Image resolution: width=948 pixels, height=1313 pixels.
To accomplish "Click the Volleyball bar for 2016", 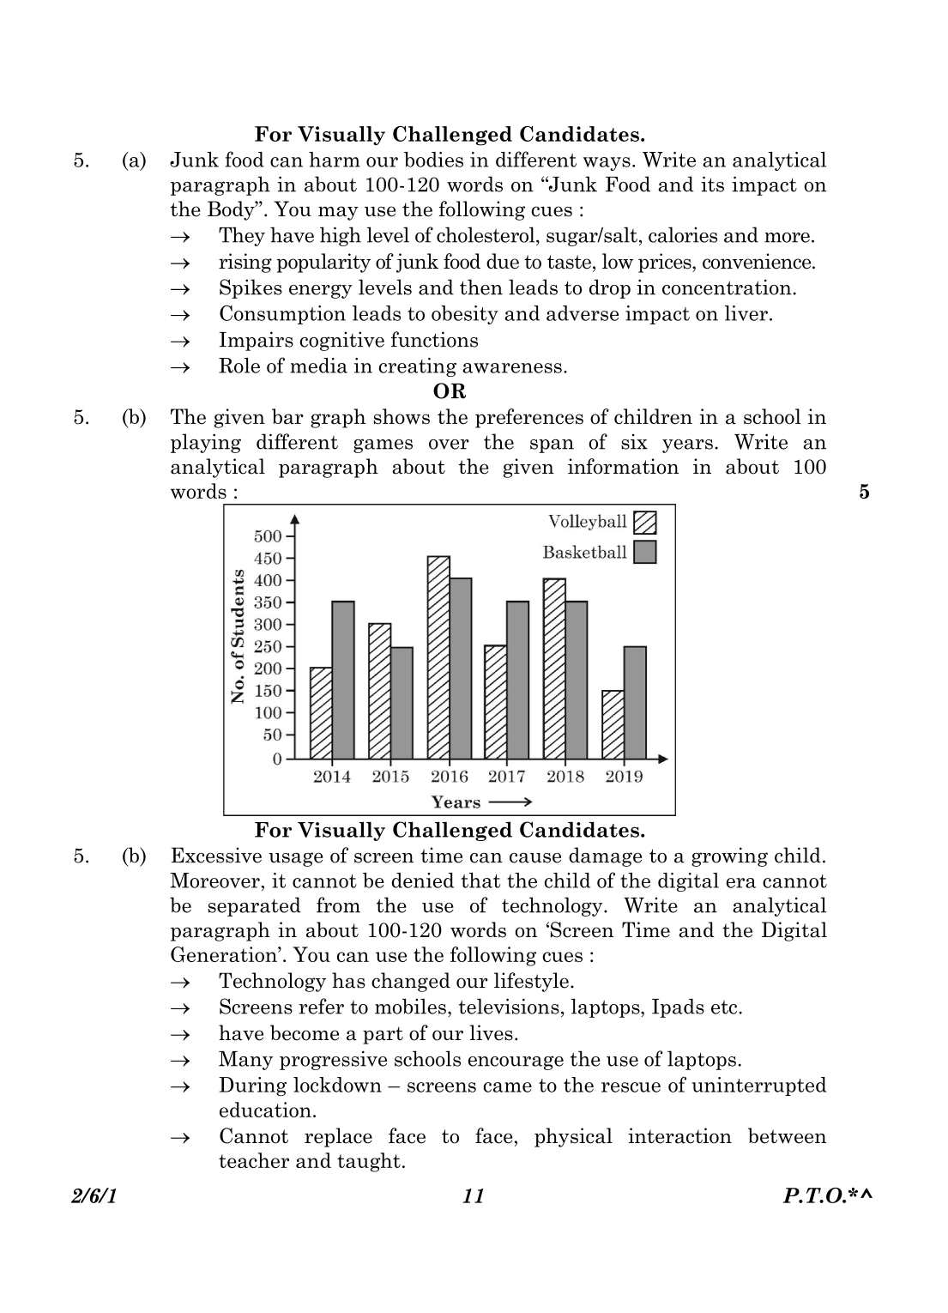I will pos(438,657).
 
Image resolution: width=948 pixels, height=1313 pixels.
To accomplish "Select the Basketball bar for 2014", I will pos(343,680).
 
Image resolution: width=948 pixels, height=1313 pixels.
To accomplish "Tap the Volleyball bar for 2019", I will pos(613,724).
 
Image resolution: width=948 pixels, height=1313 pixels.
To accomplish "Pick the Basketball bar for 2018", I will pos(577,680).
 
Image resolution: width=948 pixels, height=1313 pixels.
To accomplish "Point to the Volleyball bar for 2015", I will pos(379,691).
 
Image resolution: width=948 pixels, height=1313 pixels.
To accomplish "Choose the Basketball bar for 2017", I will pos(517,680).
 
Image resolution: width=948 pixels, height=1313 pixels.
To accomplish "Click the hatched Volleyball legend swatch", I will pos(644,522).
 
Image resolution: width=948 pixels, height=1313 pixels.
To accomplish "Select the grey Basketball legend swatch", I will pos(644,552).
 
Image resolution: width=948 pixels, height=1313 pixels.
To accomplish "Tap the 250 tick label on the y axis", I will pos(268,647).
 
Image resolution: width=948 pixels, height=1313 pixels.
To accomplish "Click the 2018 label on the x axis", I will pos(565,777).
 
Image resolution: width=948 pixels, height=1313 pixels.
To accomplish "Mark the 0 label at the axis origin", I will pos(277,759).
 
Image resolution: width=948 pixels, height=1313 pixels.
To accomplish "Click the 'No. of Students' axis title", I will pos(238,636).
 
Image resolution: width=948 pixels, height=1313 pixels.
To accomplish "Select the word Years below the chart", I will pos(456,802).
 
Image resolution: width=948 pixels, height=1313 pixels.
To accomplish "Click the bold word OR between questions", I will pos(450,391).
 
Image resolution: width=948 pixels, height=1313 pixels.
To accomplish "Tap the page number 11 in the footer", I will pos(474,1196).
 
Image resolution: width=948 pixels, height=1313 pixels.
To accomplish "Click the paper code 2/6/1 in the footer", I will pos(94,1196).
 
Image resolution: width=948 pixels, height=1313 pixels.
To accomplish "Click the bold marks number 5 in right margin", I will pos(864,492).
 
